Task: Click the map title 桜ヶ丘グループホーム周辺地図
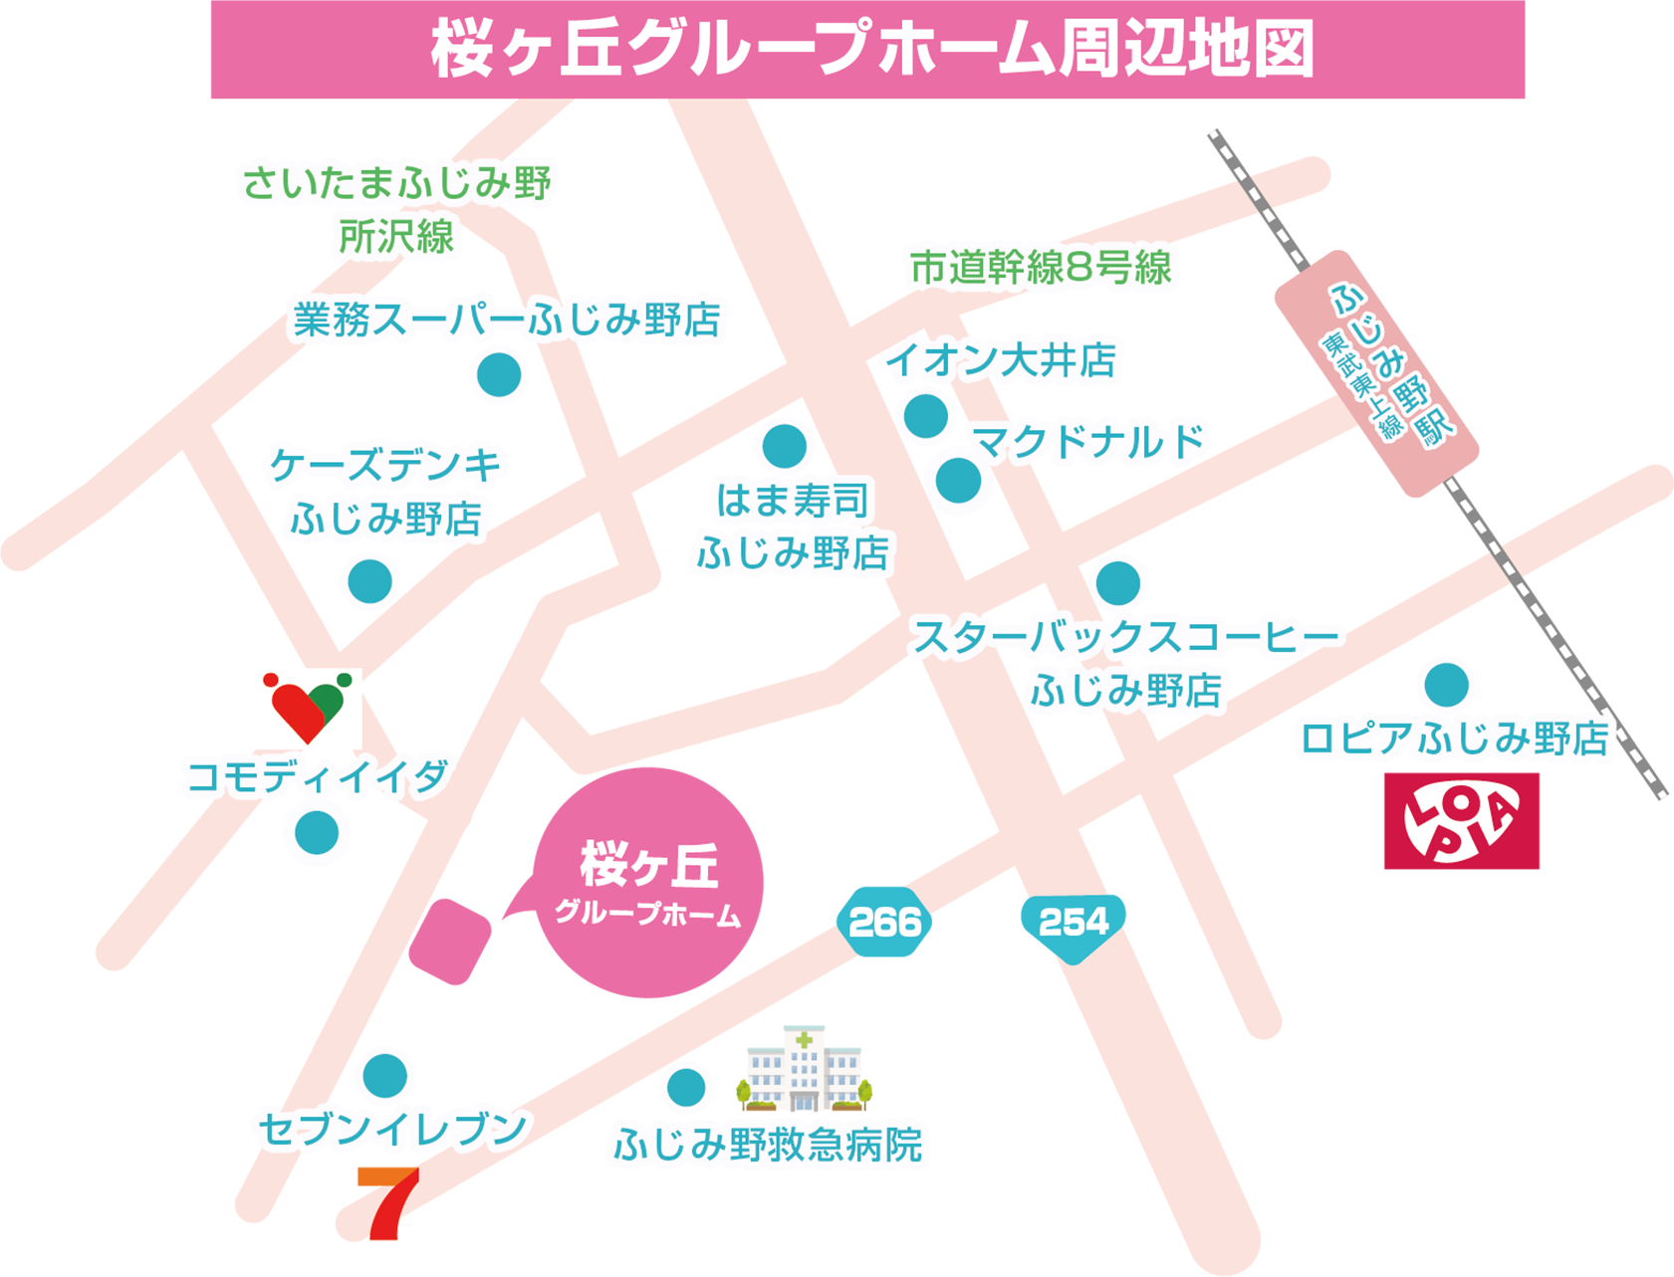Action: (872, 50)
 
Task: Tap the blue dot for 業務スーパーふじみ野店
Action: (499, 375)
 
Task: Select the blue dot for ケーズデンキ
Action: (369, 581)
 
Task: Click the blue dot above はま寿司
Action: (785, 446)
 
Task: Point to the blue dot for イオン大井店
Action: (926, 416)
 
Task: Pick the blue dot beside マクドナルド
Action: (958, 481)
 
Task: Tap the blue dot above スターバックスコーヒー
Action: (1117, 583)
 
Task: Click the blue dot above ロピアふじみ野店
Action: (1446, 685)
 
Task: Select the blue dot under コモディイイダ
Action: (317, 832)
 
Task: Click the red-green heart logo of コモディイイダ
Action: (308, 708)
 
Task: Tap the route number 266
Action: (885, 924)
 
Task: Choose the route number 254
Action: (1074, 923)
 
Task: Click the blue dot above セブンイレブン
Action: (384, 1076)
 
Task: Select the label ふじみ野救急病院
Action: (768, 1146)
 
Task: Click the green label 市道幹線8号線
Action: (1041, 268)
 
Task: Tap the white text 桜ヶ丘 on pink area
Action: (648, 864)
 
